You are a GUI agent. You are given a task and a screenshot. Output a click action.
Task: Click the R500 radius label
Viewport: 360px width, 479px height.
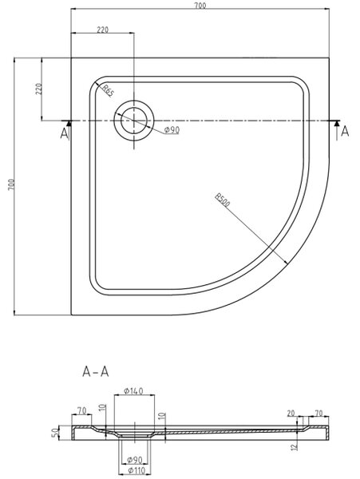[x=222, y=200]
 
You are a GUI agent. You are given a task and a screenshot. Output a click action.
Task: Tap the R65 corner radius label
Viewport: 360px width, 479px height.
[x=108, y=90]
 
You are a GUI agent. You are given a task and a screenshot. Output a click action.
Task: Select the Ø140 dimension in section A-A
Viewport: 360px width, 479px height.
[x=134, y=390]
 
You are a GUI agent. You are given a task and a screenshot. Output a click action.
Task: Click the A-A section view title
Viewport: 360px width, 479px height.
[x=96, y=372]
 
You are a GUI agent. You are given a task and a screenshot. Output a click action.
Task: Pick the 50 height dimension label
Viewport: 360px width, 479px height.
[x=55, y=433]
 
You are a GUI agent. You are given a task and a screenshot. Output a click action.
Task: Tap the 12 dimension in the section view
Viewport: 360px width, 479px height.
[x=294, y=446]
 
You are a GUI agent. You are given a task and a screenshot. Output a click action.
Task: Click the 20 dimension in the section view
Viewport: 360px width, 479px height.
[x=291, y=414]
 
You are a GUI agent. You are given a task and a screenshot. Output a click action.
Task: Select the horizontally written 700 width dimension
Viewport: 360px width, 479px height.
[x=200, y=6]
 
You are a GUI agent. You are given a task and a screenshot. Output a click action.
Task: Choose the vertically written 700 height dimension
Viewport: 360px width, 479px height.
[x=11, y=184]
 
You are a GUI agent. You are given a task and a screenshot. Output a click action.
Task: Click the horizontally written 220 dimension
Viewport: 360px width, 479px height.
[x=103, y=30]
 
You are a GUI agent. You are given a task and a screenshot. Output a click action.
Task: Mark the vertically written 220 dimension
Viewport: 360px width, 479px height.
[x=39, y=89]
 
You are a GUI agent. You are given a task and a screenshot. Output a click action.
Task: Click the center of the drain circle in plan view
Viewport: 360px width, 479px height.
[x=134, y=121]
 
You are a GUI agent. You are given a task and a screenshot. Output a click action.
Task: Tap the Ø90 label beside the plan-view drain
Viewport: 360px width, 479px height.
[x=172, y=130]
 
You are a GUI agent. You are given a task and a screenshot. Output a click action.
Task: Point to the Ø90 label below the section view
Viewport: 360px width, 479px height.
[x=135, y=460]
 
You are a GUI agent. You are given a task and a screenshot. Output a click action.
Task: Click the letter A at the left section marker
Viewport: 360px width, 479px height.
[x=64, y=133]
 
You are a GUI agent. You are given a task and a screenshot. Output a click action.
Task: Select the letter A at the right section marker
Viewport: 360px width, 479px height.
[x=345, y=132]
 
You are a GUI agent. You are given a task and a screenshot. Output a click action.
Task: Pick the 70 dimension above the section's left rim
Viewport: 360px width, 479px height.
[x=82, y=410]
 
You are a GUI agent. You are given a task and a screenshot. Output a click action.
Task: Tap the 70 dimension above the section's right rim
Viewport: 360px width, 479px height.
[x=318, y=414]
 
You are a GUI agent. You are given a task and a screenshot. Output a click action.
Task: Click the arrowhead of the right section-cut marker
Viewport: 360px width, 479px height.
[x=337, y=123]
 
